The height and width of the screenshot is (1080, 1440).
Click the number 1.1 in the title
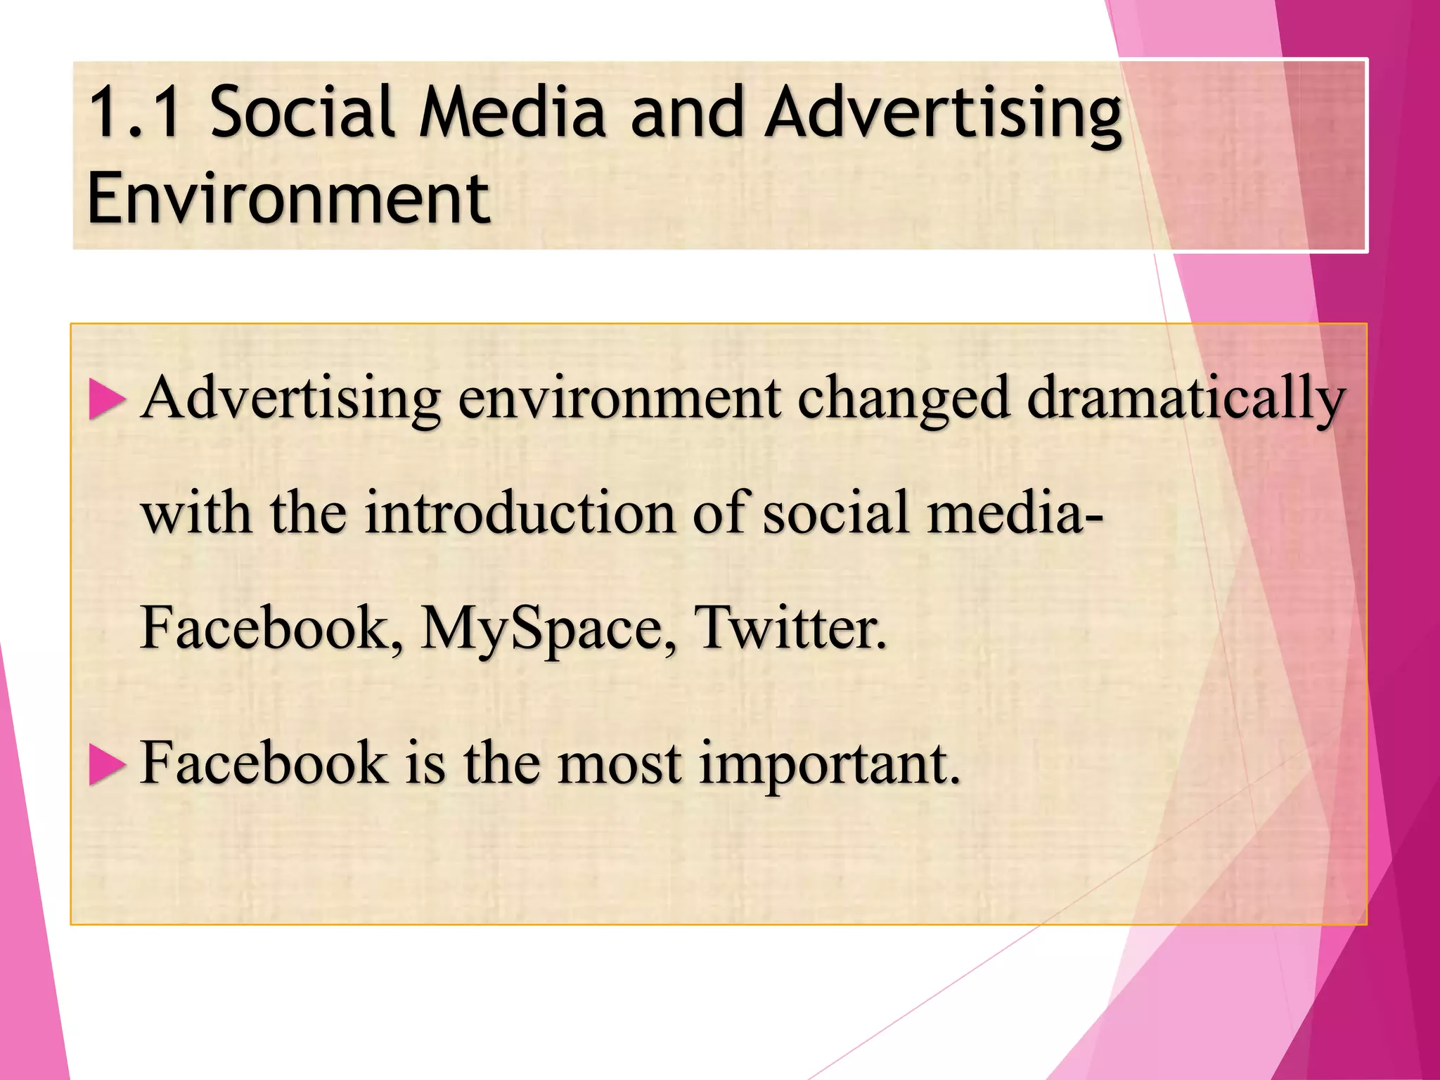coord(134,112)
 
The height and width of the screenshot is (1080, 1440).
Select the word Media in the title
coord(512,112)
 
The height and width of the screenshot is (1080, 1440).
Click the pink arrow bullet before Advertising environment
coord(107,401)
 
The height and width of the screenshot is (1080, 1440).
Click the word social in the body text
coord(836,513)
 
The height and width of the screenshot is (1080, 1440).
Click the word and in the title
coord(686,112)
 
